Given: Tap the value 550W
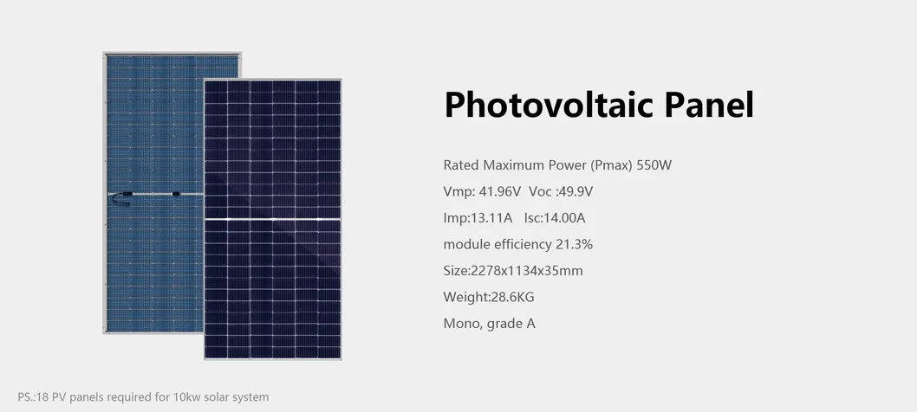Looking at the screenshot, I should click(654, 164).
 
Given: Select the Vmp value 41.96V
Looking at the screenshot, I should click(498, 191).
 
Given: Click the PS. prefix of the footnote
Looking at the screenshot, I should click(26, 397).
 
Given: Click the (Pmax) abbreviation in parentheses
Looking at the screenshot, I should click(610, 164).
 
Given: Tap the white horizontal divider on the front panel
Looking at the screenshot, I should click(272, 221).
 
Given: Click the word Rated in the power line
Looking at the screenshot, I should click(461, 164).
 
